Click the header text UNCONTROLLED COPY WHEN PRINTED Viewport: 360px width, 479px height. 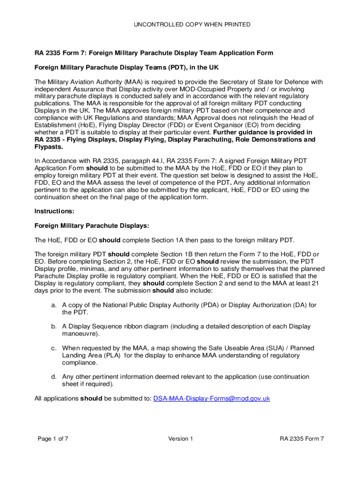pos(180,24)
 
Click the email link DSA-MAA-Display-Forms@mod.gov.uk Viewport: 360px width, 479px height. pos(212,399)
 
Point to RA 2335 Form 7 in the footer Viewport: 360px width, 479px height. pos(302,438)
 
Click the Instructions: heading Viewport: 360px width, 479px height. pos(54,211)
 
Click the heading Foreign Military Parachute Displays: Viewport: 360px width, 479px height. pos(92,226)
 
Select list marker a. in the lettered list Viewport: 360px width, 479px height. pos(54,305)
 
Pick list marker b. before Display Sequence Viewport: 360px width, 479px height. pos(54,327)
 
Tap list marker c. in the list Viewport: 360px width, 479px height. pos(54,348)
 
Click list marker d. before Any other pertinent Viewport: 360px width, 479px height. pos(54,377)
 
